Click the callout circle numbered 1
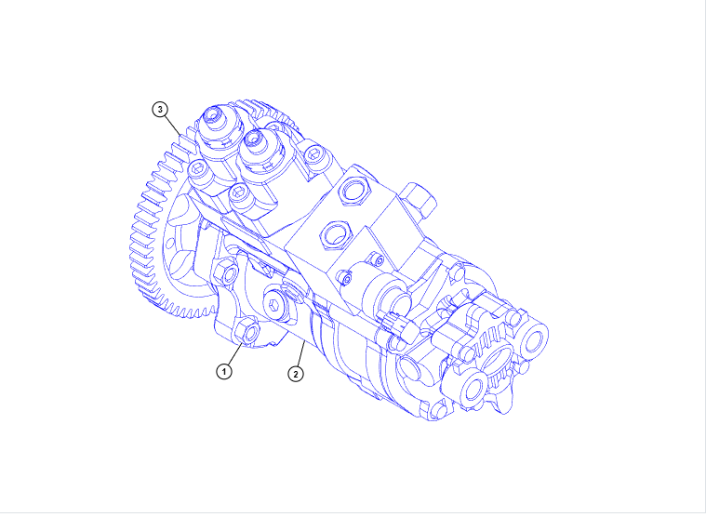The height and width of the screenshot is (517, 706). (x=223, y=371)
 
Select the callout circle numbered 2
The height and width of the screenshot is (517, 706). (x=295, y=375)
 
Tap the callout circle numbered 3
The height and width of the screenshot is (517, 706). (x=160, y=109)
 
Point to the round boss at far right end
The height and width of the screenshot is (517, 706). (x=538, y=341)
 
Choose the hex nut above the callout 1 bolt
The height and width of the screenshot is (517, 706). (x=226, y=272)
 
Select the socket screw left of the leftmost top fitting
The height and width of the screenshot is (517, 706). (x=197, y=171)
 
